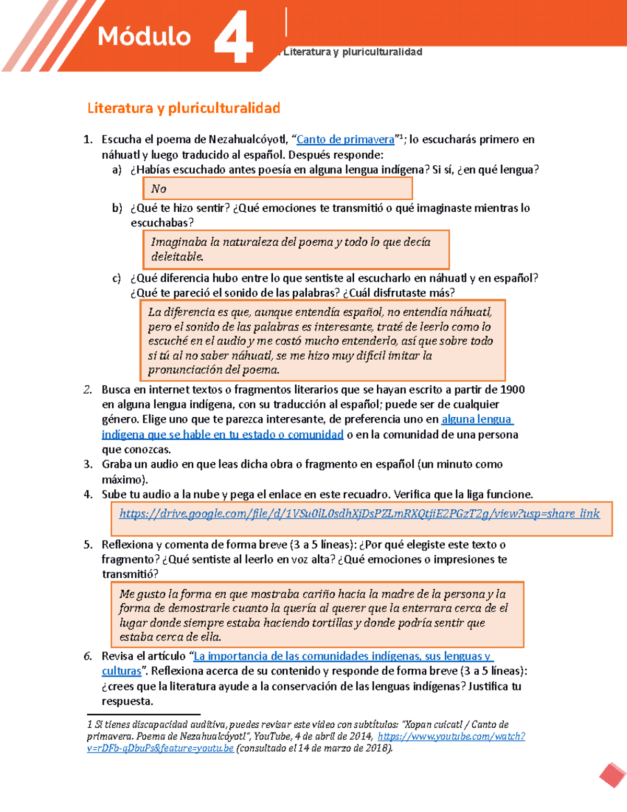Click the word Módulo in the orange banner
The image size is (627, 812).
144,37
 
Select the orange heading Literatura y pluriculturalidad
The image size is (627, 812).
183,108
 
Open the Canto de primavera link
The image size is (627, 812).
345,140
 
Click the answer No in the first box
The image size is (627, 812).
158,189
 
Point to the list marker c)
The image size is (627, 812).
117,278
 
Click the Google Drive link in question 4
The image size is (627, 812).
359,514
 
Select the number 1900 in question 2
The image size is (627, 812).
512,390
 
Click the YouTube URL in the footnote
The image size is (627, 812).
451,737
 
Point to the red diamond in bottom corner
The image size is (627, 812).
612,775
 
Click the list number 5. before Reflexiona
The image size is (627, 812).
88,545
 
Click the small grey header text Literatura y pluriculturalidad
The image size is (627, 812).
353,52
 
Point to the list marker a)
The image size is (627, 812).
117,170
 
